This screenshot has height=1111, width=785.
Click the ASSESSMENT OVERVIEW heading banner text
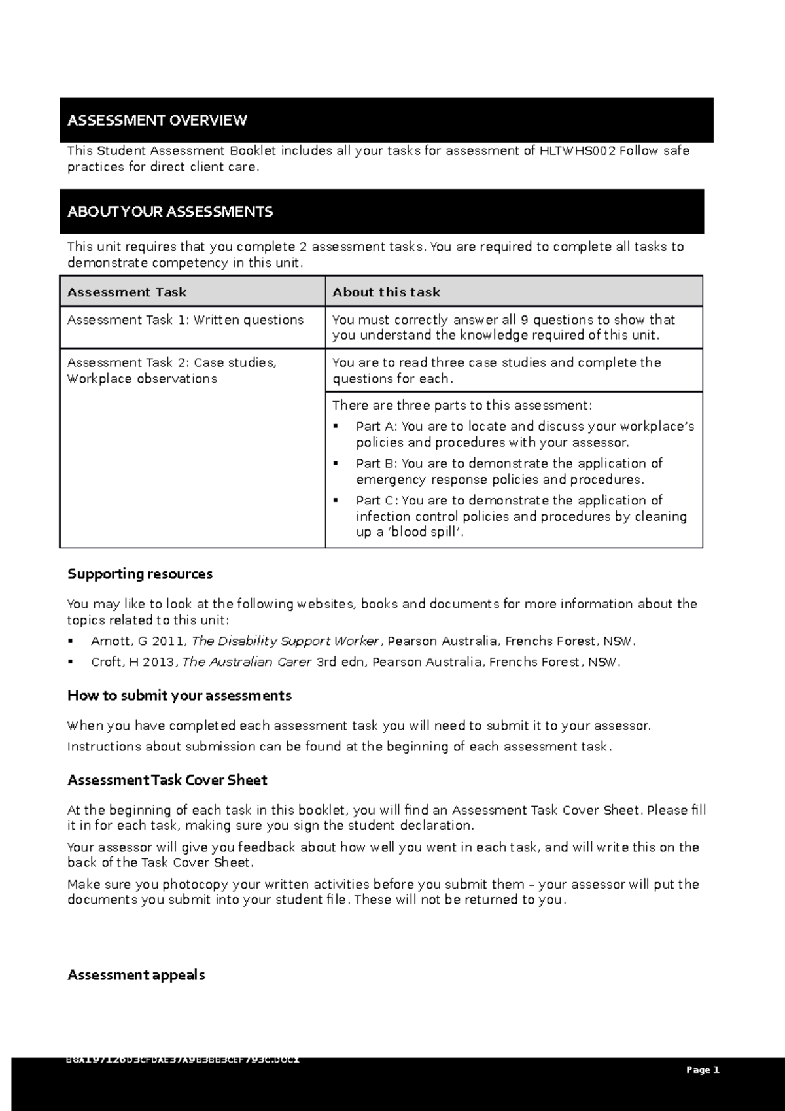[157, 120]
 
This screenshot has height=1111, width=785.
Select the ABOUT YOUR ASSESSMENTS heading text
[170, 212]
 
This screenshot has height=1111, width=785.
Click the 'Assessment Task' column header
[127, 292]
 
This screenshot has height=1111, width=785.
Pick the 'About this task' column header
[386, 292]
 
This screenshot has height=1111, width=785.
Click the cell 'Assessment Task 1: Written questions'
[185, 320]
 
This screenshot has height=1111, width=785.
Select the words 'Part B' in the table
[376, 464]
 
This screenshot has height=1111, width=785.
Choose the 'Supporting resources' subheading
[140, 574]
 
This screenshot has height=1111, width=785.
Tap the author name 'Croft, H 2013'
[133, 662]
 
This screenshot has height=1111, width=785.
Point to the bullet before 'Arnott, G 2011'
[71, 641]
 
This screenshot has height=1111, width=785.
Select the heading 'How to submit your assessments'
[179, 696]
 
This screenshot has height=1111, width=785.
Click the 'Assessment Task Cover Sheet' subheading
[167, 781]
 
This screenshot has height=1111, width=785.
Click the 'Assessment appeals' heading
[136, 976]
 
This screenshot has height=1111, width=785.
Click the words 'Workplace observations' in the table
[142, 379]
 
